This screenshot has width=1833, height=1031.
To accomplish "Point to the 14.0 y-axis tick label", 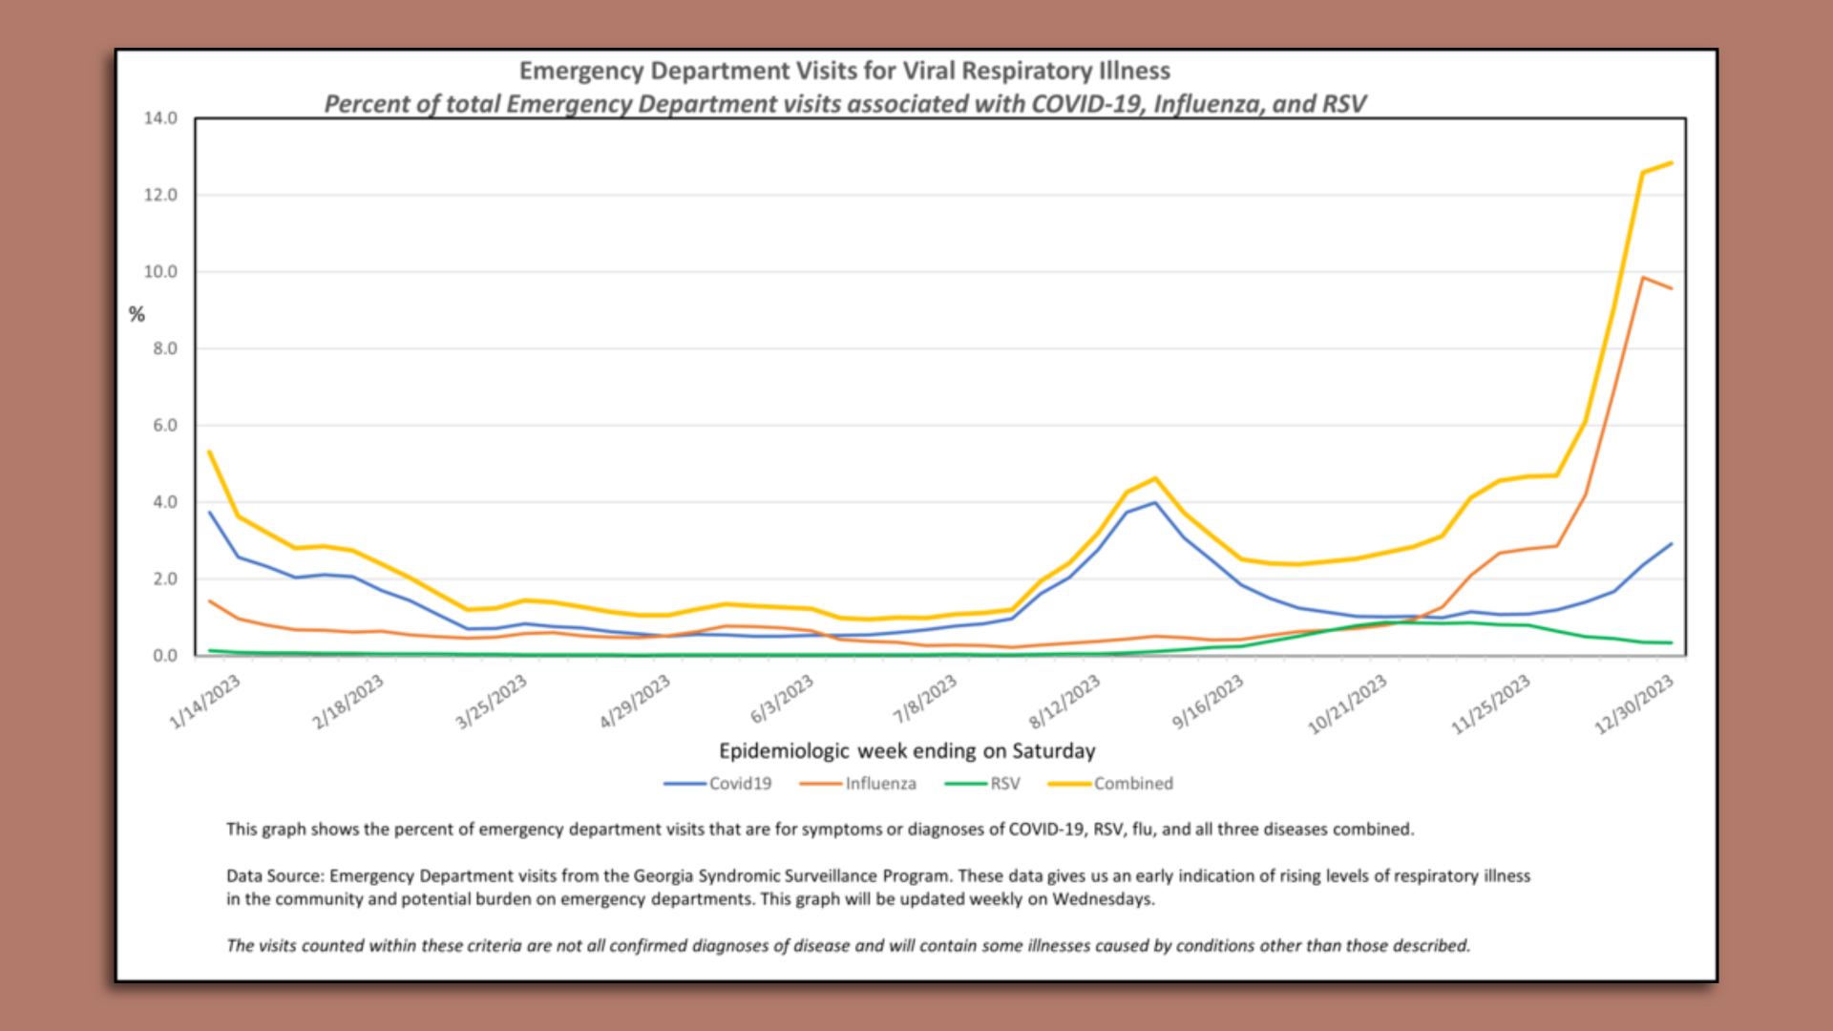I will tap(160, 118).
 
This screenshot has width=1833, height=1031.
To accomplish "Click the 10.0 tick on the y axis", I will tap(160, 272).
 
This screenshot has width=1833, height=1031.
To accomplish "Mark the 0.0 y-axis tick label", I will tap(164, 656).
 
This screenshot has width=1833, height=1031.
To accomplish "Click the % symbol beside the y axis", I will tap(137, 315).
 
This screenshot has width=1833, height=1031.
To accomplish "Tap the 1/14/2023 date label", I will tap(204, 702).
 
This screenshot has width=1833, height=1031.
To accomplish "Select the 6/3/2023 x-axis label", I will tap(782, 700).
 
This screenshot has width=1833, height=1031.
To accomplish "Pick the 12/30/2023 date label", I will tap(1633, 705).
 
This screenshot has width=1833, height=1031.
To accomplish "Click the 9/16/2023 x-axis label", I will tap(1208, 702).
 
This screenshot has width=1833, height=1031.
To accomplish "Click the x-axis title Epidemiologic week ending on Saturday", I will tap(907, 751).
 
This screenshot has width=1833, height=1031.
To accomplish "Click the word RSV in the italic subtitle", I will tap(1341, 104).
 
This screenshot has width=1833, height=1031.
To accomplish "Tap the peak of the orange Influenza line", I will tap(1642, 278).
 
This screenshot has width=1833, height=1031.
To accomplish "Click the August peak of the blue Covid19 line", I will tap(1154, 503).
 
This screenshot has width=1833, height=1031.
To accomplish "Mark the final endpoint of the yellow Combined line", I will tap(1671, 163).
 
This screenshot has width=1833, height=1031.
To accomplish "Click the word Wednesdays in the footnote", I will tap(1103, 899).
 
